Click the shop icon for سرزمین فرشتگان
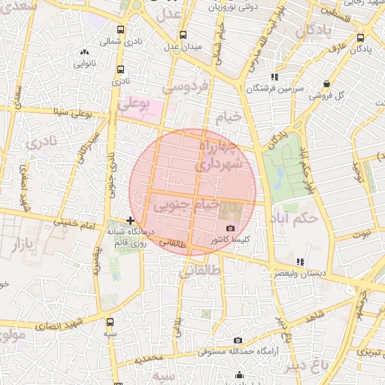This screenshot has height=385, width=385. click(x=275, y=76)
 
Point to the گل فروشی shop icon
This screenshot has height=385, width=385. click(x=326, y=83)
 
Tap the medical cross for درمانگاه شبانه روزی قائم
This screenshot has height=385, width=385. click(x=131, y=220)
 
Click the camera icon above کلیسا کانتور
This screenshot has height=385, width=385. click(x=230, y=228)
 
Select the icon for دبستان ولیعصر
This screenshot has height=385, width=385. click(x=301, y=261)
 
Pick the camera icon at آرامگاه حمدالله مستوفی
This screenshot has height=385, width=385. click(x=238, y=340)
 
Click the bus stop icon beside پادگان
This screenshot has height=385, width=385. click(x=361, y=38)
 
